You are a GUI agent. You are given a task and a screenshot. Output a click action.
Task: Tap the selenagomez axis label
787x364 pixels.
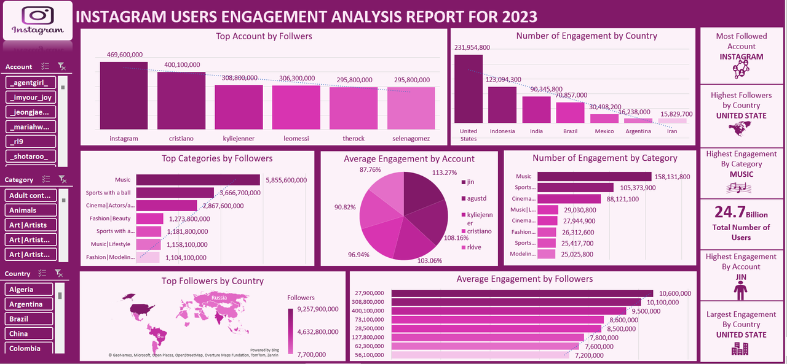tap(411, 139)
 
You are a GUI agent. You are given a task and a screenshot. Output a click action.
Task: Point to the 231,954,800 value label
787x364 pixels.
tap(472, 48)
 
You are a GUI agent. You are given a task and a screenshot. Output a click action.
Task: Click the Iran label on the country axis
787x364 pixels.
tap(673, 131)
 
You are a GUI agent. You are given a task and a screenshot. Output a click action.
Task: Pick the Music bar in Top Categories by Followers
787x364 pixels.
tap(198, 180)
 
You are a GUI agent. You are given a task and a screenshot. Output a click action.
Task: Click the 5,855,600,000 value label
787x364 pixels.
tap(286, 180)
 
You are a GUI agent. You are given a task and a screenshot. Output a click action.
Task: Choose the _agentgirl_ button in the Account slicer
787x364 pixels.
tap(31, 83)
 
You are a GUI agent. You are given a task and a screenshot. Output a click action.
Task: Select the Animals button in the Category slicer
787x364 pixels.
tap(31, 211)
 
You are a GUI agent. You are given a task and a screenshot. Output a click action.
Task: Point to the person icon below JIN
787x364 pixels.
tap(741, 290)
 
